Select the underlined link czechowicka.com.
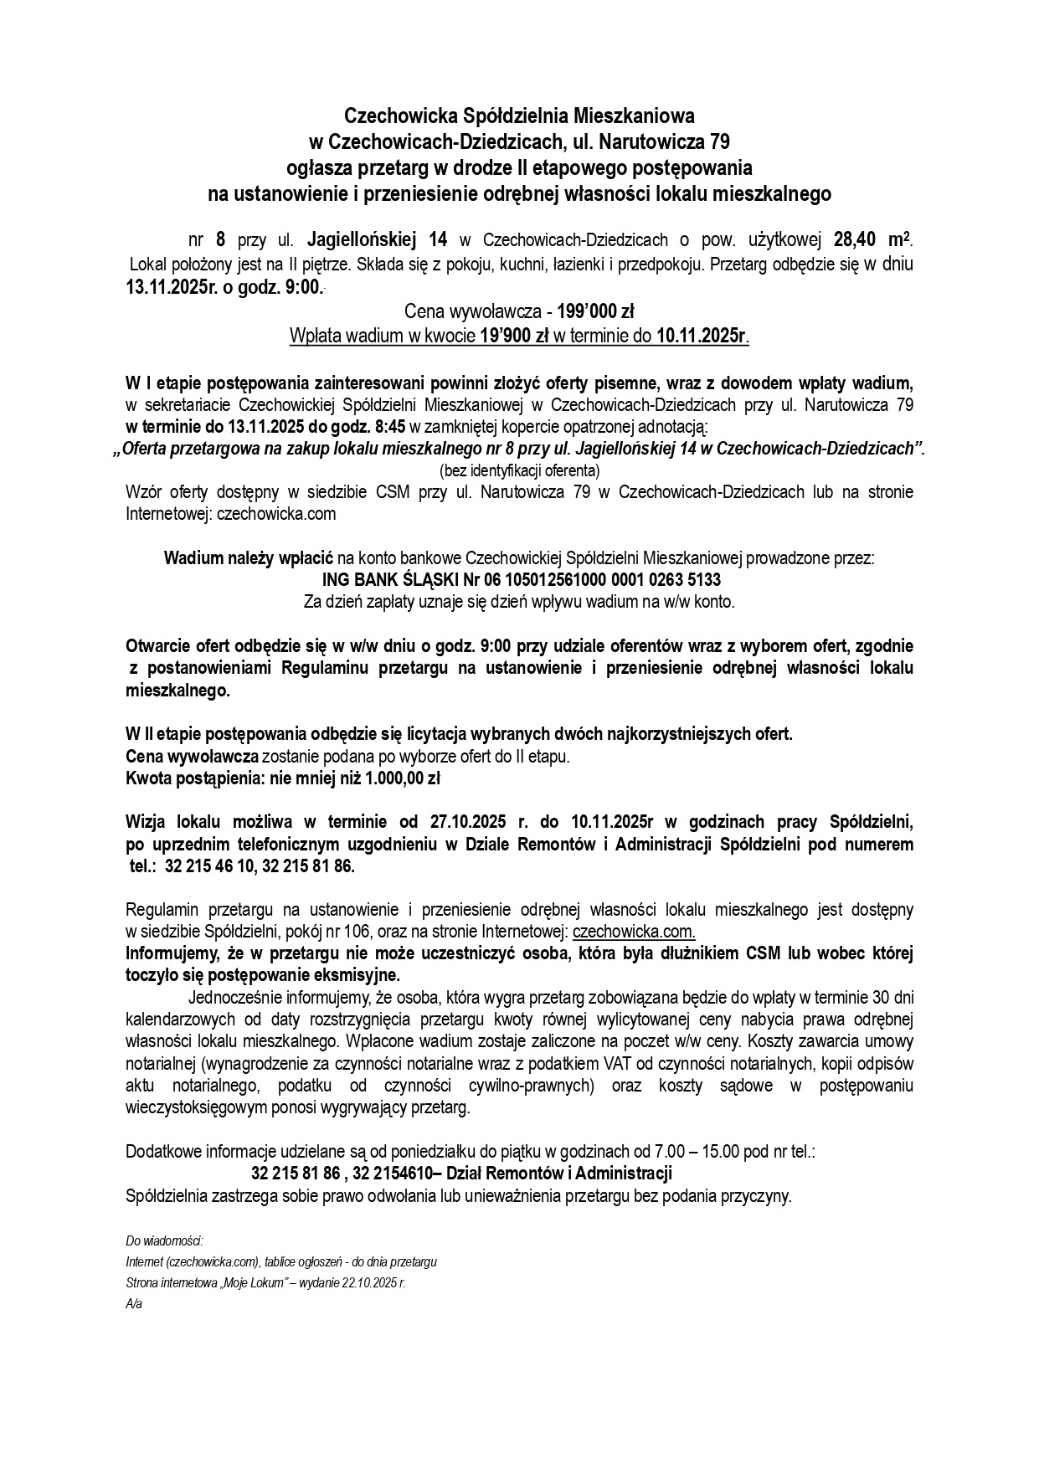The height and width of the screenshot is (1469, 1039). [x=634, y=932]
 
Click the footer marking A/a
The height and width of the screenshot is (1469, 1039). [x=134, y=1304]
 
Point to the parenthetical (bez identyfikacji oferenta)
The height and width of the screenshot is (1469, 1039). [x=519, y=470]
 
